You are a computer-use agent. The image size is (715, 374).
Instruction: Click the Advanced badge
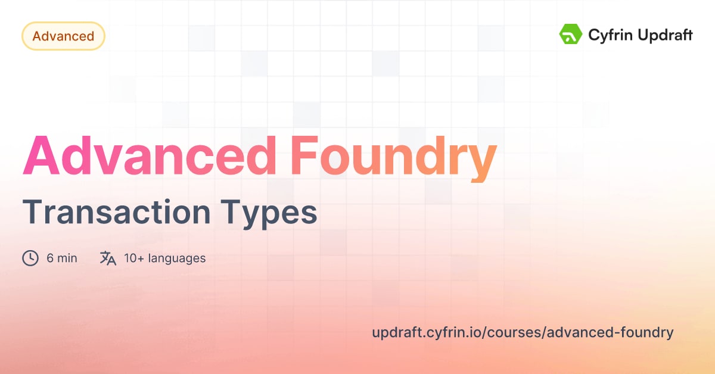(x=63, y=36)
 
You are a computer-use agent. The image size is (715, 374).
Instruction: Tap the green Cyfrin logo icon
(x=570, y=35)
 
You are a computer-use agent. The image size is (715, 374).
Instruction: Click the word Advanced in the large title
(x=150, y=155)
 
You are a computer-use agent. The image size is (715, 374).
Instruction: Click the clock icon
(x=30, y=258)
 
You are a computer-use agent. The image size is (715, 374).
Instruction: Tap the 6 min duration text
(x=61, y=258)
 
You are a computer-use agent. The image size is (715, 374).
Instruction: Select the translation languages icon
(x=108, y=258)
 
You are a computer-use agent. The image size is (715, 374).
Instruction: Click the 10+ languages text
(x=164, y=258)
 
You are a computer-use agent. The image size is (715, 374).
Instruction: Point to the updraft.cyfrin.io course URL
(x=523, y=332)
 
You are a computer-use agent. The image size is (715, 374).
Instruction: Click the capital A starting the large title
(x=43, y=155)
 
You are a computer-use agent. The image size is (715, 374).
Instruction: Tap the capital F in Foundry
(x=306, y=155)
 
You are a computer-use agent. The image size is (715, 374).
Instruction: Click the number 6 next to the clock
(x=50, y=258)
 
